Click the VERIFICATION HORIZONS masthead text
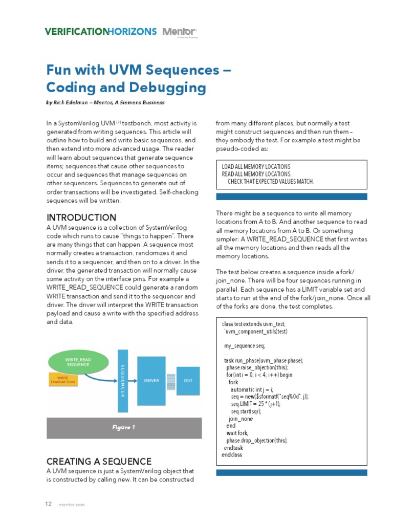[101, 32]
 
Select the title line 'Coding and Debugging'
[126, 87]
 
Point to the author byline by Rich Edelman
[105, 102]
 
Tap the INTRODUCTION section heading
[81, 217]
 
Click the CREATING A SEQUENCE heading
[99, 461]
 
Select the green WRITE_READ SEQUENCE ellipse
[78, 362]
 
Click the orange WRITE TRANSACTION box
[63, 379]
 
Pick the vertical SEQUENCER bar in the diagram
[122, 381]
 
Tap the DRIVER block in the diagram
[152, 381]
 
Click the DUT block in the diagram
[188, 381]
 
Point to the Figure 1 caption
[124, 427]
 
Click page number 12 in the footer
[49, 504]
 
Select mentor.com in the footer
[72, 505]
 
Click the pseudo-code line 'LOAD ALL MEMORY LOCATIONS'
[256, 167]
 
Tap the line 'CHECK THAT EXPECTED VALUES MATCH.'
[271, 182]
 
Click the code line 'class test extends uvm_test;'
[254, 324]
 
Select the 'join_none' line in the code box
[241, 419]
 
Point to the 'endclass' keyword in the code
[232, 454]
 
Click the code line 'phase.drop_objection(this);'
[257, 440]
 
